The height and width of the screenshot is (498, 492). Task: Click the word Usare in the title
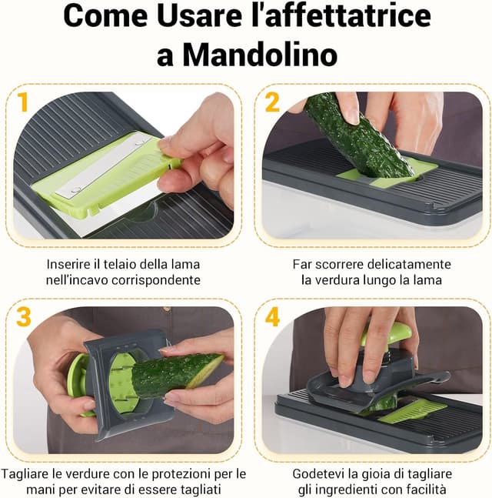pos(199,17)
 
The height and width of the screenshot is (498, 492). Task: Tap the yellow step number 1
pos(23,102)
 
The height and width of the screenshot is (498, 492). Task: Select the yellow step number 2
pos(272,102)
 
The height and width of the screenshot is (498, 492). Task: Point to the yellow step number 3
pos(23,316)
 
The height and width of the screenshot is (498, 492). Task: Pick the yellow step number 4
pos(272,316)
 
